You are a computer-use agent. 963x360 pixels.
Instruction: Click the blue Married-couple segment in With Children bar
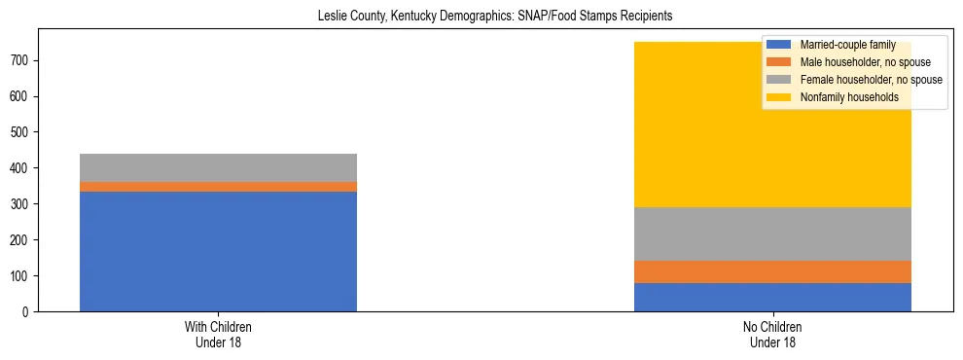(218, 251)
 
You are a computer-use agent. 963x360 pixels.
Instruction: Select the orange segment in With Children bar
(218, 187)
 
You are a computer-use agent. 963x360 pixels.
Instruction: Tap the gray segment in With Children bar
(218, 167)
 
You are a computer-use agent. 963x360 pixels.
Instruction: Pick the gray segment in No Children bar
(772, 234)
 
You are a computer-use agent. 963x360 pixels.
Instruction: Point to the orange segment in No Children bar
(772, 271)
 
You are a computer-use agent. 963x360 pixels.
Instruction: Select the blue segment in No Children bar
(772, 297)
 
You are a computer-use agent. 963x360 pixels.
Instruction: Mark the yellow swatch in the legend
(779, 97)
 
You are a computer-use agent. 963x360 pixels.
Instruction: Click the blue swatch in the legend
(779, 45)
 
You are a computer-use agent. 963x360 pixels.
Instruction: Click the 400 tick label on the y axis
(23, 168)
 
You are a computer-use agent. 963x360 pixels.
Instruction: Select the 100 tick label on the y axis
(23, 276)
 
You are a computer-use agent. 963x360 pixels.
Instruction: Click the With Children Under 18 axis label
(218, 335)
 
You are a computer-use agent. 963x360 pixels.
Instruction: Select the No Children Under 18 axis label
(772, 335)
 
